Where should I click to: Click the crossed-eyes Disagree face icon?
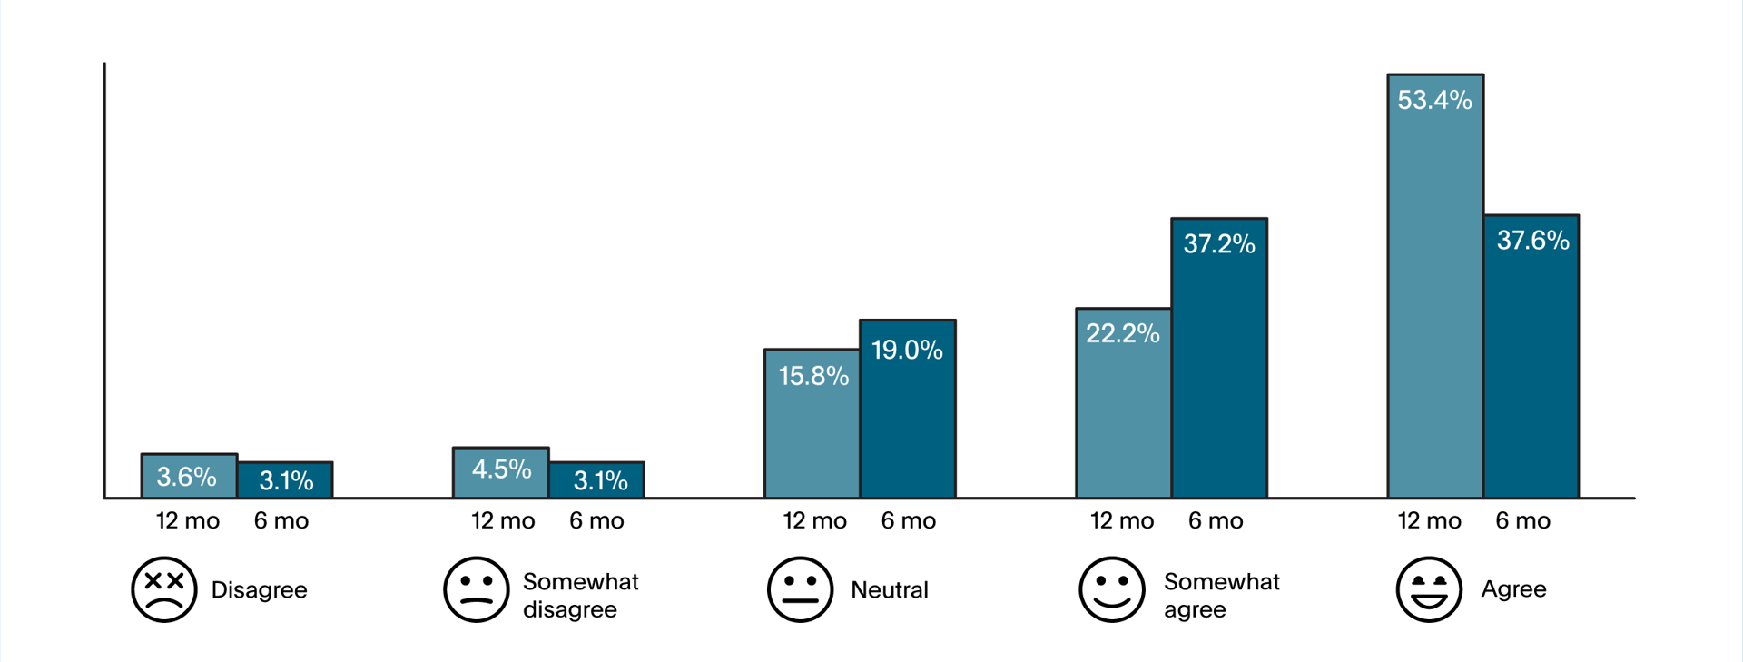tap(164, 589)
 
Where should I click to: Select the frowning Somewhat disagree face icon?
tap(476, 589)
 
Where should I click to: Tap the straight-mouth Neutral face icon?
tap(800, 589)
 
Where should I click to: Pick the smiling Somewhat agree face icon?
tap(1112, 589)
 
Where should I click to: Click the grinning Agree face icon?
tap(1429, 589)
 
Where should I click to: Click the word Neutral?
tap(889, 590)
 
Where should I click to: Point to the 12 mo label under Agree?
tap(1429, 520)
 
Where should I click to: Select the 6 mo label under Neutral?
tap(908, 520)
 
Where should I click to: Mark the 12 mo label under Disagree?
tap(188, 520)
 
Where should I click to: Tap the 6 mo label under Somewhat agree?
tap(1216, 520)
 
